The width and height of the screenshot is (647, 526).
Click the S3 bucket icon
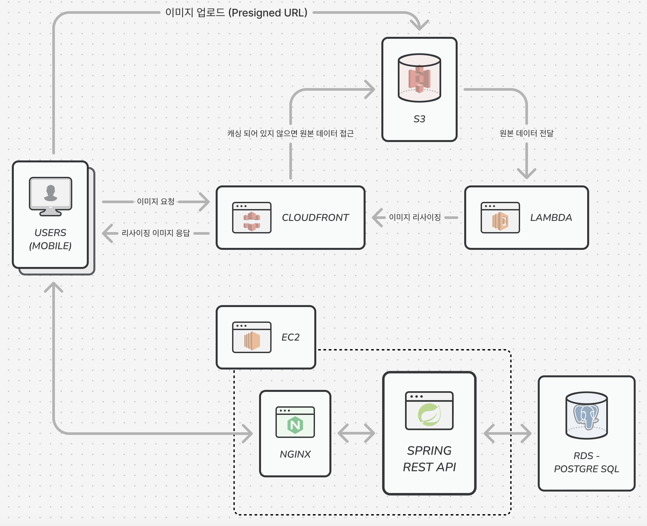(x=419, y=78)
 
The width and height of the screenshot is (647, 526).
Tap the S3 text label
(x=419, y=119)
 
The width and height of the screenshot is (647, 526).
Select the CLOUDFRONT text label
(x=315, y=218)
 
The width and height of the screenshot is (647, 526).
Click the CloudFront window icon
(x=252, y=218)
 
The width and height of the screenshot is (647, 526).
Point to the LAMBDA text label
(x=551, y=218)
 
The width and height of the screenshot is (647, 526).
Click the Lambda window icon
(x=500, y=218)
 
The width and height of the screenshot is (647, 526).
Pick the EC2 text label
(x=291, y=337)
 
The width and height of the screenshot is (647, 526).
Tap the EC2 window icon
(x=252, y=337)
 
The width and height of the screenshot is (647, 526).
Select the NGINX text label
(x=295, y=454)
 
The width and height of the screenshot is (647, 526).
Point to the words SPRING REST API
(x=429, y=459)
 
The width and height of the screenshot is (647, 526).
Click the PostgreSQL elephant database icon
(x=587, y=416)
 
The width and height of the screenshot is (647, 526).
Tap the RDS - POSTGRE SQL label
(x=587, y=462)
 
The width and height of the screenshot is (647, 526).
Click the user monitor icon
(x=50, y=196)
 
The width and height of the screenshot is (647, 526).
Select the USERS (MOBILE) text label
(x=50, y=239)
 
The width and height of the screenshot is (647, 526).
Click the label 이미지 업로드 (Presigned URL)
(x=236, y=13)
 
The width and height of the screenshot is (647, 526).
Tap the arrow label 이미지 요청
(x=156, y=202)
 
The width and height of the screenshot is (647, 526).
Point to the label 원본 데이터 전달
(x=526, y=133)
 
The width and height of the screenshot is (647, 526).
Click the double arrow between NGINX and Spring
(x=356, y=433)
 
